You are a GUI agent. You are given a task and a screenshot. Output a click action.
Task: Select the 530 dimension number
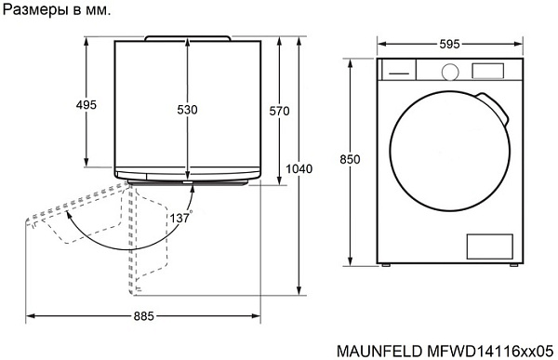pyautogui.click(x=187, y=110)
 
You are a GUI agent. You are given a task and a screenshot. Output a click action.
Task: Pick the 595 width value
pyautogui.click(x=447, y=43)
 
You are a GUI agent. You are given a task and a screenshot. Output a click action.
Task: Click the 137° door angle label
pyautogui.click(x=180, y=218)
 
